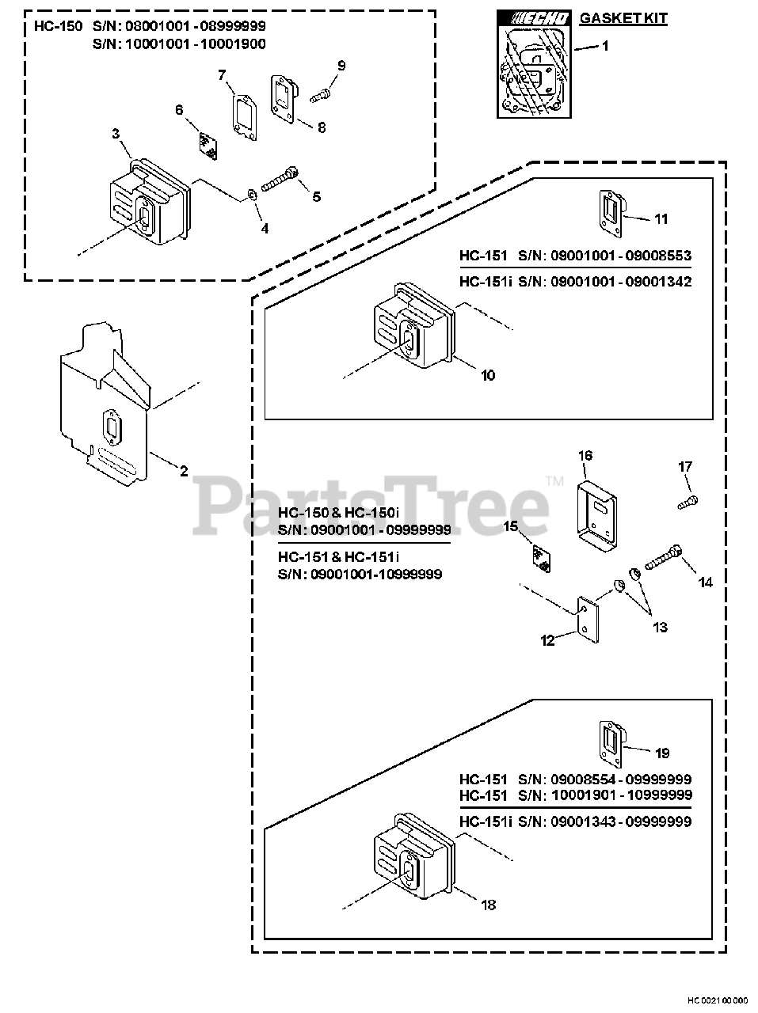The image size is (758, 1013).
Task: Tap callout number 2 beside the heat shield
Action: (x=184, y=472)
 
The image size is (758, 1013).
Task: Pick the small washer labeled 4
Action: (x=251, y=194)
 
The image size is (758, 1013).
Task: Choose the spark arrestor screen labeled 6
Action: (x=208, y=145)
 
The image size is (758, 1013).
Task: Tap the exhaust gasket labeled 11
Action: (x=612, y=211)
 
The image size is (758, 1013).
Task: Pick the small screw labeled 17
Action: (x=687, y=502)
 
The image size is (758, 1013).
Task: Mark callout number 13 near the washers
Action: (x=660, y=627)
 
